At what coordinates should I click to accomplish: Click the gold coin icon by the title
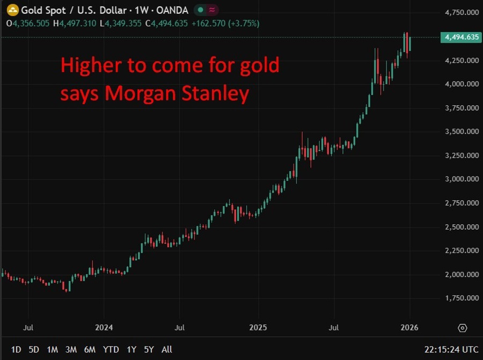pos(12,10)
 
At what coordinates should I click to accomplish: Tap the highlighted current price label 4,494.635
pos(459,37)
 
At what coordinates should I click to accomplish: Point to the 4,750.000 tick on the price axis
pos(462,12)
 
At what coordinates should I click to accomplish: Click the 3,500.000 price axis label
pos(462,131)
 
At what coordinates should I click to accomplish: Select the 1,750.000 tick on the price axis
pos(462,298)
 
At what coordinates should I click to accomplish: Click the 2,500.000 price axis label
pos(462,227)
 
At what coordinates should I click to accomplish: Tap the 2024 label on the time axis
pos(104,327)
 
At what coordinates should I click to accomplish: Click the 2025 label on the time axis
pos(258,327)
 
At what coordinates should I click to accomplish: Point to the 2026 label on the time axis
pos(409,327)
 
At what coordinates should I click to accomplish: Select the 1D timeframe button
pos(16,349)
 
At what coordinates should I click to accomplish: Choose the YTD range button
pos(111,349)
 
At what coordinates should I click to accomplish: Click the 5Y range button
pos(149,349)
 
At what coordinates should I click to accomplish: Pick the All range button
pos(167,349)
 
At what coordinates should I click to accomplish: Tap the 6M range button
pos(90,349)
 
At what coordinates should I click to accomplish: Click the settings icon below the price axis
pos(462,328)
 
